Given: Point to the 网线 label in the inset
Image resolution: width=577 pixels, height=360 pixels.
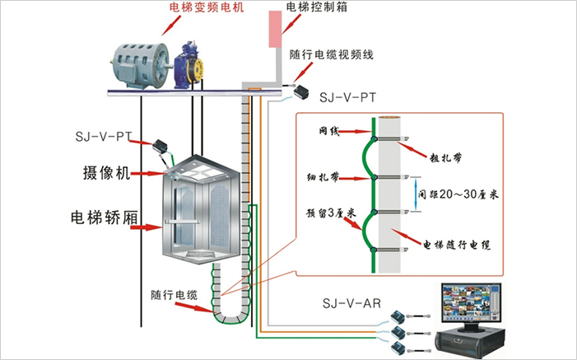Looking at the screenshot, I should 329,131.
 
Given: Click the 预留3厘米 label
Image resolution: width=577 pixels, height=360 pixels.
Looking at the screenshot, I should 328,213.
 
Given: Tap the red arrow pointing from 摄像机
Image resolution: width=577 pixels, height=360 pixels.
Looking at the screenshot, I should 148,173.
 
